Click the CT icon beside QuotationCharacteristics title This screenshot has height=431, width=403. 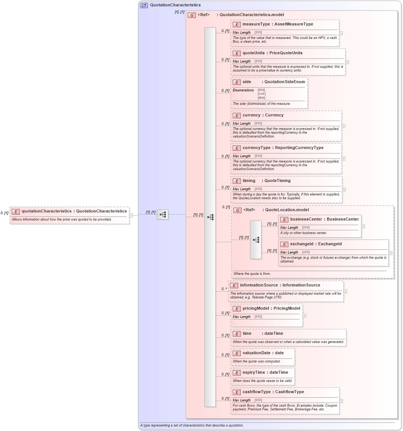[144, 5]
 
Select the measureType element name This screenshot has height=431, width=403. [256, 24]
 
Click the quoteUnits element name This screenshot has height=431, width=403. [254, 53]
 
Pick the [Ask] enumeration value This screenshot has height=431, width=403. [261, 94]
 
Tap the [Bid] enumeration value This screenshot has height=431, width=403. [261, 90]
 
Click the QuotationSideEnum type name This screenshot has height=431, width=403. [285, 82]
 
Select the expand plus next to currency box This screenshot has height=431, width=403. [343, 126]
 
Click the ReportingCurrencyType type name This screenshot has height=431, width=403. [299, 148]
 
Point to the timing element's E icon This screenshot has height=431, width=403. [236, 181]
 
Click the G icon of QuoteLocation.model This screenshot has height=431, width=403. [237, 210]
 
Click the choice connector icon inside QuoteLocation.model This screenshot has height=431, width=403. [256, 240]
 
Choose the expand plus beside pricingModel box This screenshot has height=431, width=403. [304, 315]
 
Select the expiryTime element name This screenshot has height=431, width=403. [255, 373]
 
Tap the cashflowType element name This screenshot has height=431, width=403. [257, 392]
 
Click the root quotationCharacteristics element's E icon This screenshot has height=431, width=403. [15, 211]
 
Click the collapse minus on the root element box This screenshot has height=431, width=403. [131, 215]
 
